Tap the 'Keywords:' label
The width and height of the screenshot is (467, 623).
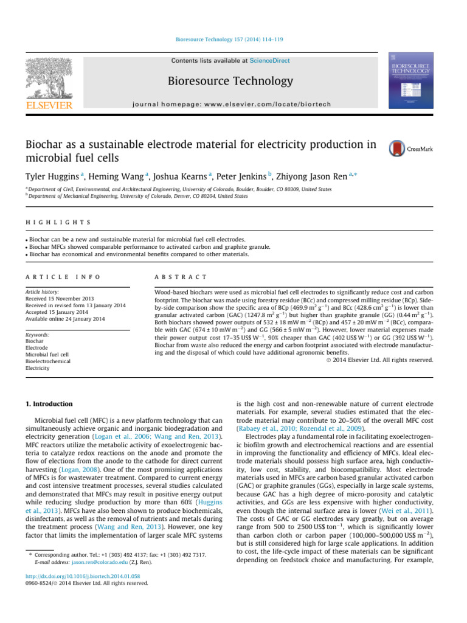(38, 335)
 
